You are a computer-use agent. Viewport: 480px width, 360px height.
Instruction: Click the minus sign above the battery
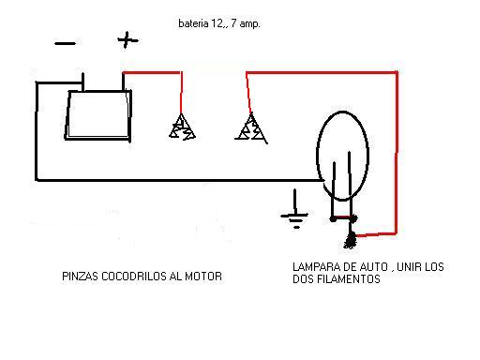[x=65, y=43]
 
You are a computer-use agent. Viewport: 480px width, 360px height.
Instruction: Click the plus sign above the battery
[x=127, y=40]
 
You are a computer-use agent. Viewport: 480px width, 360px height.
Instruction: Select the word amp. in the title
[x=249, y=24]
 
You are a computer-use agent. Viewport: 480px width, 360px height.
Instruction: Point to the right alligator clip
[x=251, y=128]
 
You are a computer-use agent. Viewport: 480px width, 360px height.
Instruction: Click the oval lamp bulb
[x=317, y=156]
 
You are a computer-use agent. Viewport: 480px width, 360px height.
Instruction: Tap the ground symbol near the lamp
[x=294, y=209]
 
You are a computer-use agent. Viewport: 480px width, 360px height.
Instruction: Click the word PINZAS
[x=81, y=277]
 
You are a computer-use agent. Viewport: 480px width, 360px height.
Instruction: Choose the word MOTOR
[x=203, y=277]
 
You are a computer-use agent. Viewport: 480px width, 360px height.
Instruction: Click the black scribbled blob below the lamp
[x=351, y=240]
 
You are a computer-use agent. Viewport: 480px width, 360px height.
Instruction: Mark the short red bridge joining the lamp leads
[x=343, y=217]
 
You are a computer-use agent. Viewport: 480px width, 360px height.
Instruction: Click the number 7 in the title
[x=233, y=23]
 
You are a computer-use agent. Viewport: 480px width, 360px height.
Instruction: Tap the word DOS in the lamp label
[x=304, y=279]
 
